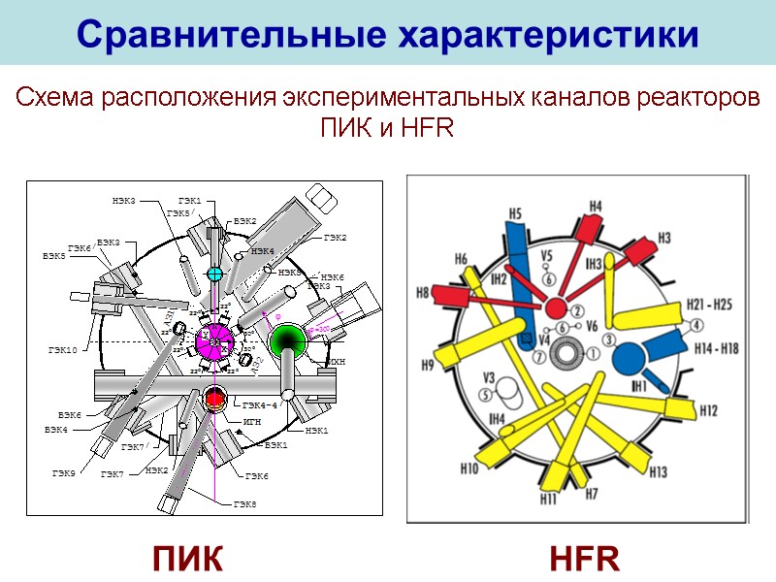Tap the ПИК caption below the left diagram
point(188,559)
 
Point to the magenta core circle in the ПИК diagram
point(215,340)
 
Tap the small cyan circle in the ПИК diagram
point(215,275)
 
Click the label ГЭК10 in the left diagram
point(61,348)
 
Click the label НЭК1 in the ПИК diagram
point(317,430)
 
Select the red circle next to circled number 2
point(555,308)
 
